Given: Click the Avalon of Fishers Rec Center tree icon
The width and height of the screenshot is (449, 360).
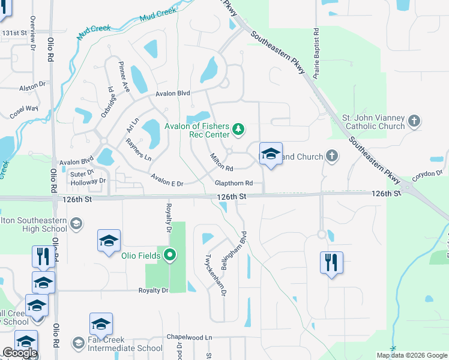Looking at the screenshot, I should click(238, 128).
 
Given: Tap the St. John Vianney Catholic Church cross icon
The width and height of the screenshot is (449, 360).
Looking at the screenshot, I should click(414, 122).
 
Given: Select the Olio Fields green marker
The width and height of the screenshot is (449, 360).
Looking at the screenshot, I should click(170, 256).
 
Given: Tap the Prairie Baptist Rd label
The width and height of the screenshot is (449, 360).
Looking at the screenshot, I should click(315, 50).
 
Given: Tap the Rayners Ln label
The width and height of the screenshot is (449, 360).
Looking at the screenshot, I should click(139, 149).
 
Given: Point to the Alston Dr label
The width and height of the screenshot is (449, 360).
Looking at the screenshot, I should click(32, 88).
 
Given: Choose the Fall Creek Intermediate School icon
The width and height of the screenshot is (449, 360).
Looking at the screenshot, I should click(78, 343).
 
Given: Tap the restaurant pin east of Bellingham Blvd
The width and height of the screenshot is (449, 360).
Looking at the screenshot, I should click(331, 262).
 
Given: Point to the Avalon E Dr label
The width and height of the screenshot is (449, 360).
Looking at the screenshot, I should click(167, 179).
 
